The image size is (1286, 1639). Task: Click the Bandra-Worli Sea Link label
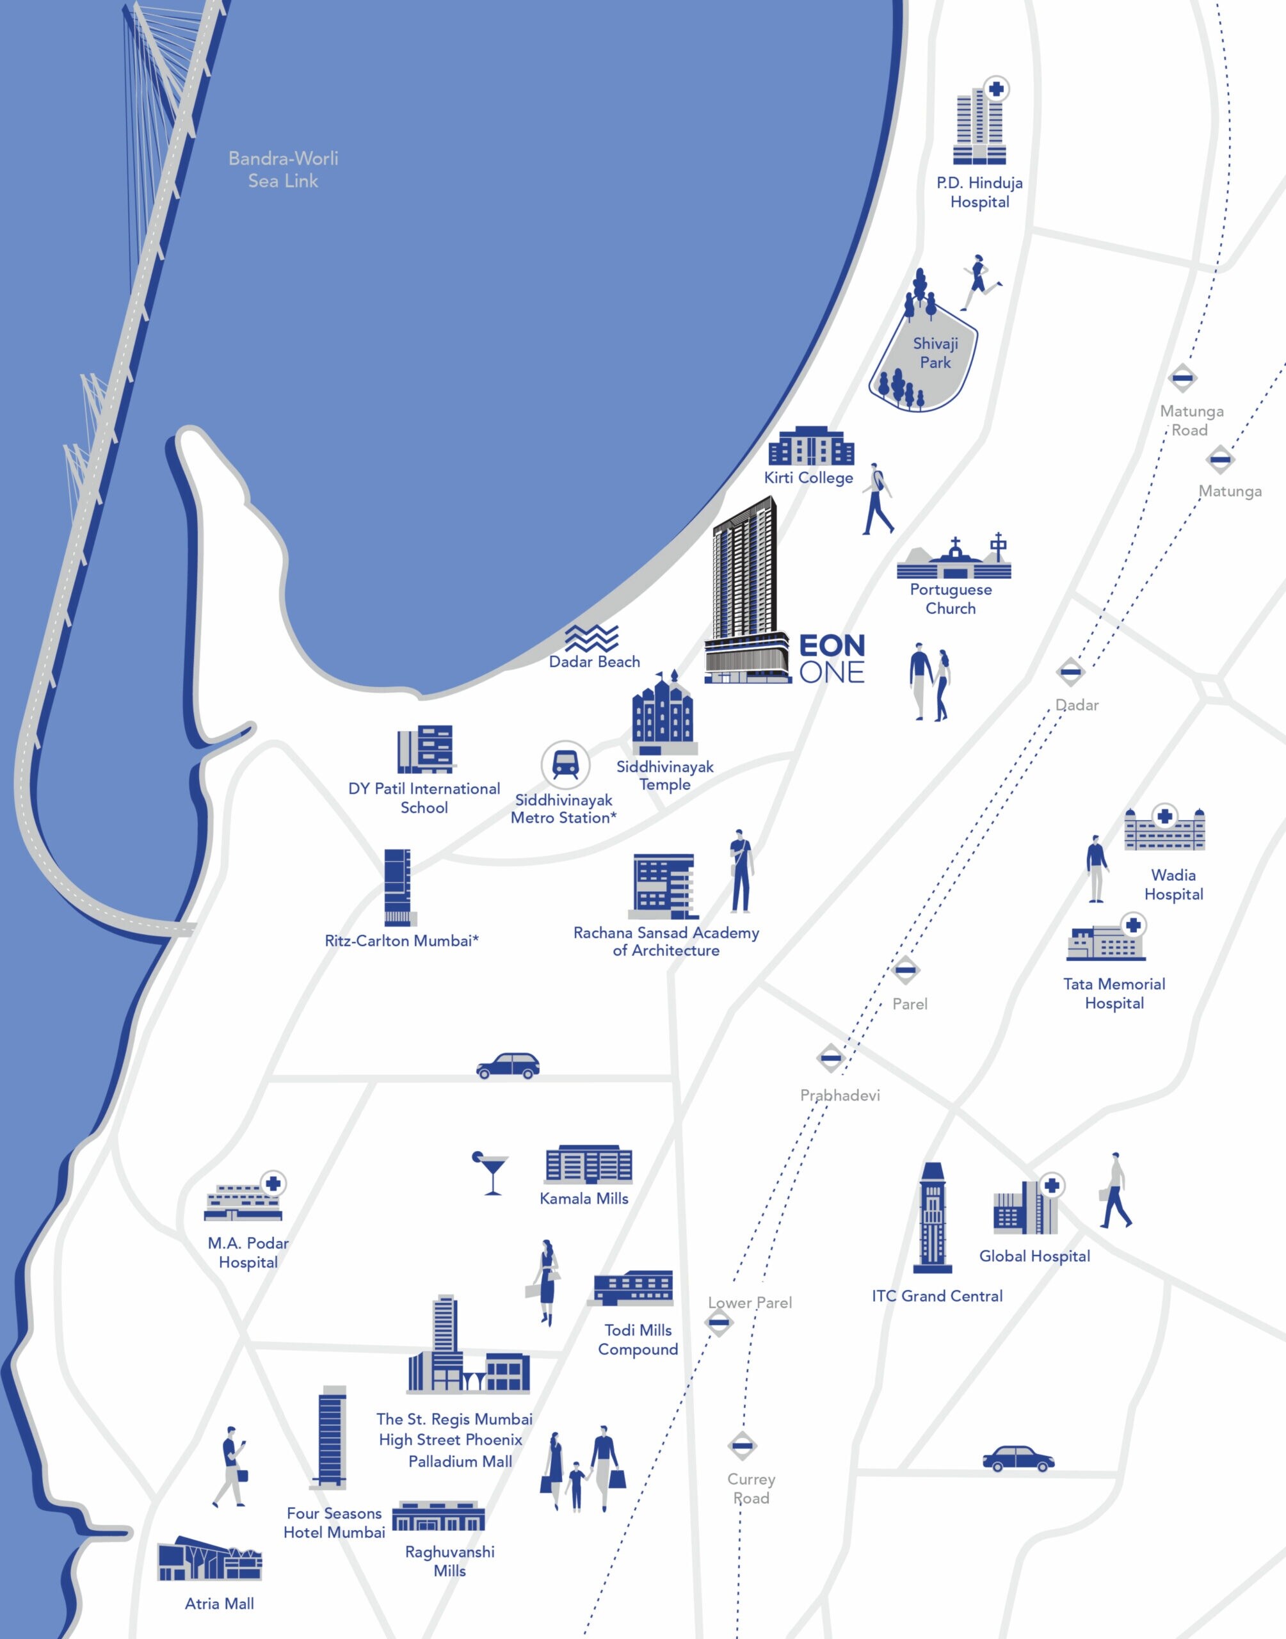[x=283, y=170]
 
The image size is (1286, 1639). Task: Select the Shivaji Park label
[x=935, y=352]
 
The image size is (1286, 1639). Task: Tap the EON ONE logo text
[x=832, y=658]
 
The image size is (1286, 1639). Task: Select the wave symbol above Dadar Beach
[x=592, y=638]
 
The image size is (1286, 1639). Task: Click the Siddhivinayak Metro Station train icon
[x=565, y=765]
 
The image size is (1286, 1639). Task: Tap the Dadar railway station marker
[x=1070, y=672]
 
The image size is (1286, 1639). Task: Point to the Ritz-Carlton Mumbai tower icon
[x=399, y=887]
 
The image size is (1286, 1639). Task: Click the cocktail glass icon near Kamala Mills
[x=491, y=1172]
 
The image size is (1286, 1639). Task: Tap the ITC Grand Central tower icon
[x=932, y=1216]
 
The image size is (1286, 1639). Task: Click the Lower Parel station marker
[x=718, y=1322]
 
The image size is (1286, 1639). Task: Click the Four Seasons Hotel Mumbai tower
[x=332, y=1437]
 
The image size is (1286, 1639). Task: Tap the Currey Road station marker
[x=743, y=1446]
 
